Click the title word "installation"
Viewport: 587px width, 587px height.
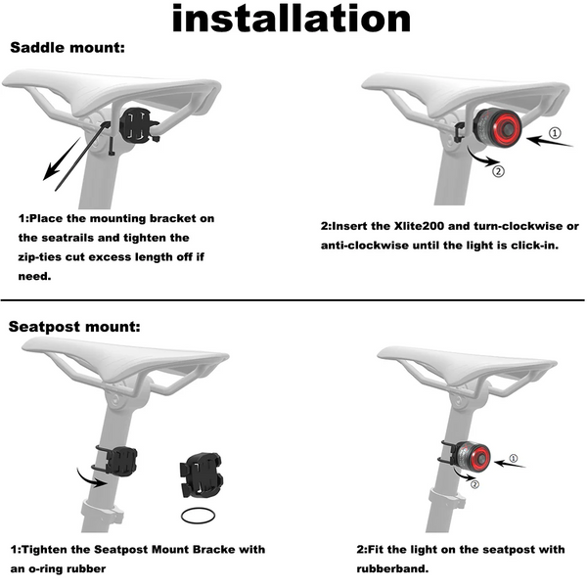click(292, 19)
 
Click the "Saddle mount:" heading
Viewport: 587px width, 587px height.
click(68, 48)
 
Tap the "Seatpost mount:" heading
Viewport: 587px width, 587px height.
click(74, 327)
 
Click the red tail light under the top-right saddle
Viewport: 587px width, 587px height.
click(498, 127)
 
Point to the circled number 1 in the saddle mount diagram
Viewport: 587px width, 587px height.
click(555, 133)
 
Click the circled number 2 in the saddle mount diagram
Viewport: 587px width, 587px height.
click(498, 171)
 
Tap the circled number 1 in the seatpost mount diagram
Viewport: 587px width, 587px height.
click(514, 458)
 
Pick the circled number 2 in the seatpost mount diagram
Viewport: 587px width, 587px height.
click(474, 484)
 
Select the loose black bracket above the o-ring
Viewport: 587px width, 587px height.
click(202, 474)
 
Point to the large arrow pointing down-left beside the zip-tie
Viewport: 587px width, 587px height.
click(62, 158)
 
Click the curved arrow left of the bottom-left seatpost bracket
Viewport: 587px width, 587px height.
click(91, 477)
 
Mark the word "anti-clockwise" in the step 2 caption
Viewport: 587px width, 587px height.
click(365, 246)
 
